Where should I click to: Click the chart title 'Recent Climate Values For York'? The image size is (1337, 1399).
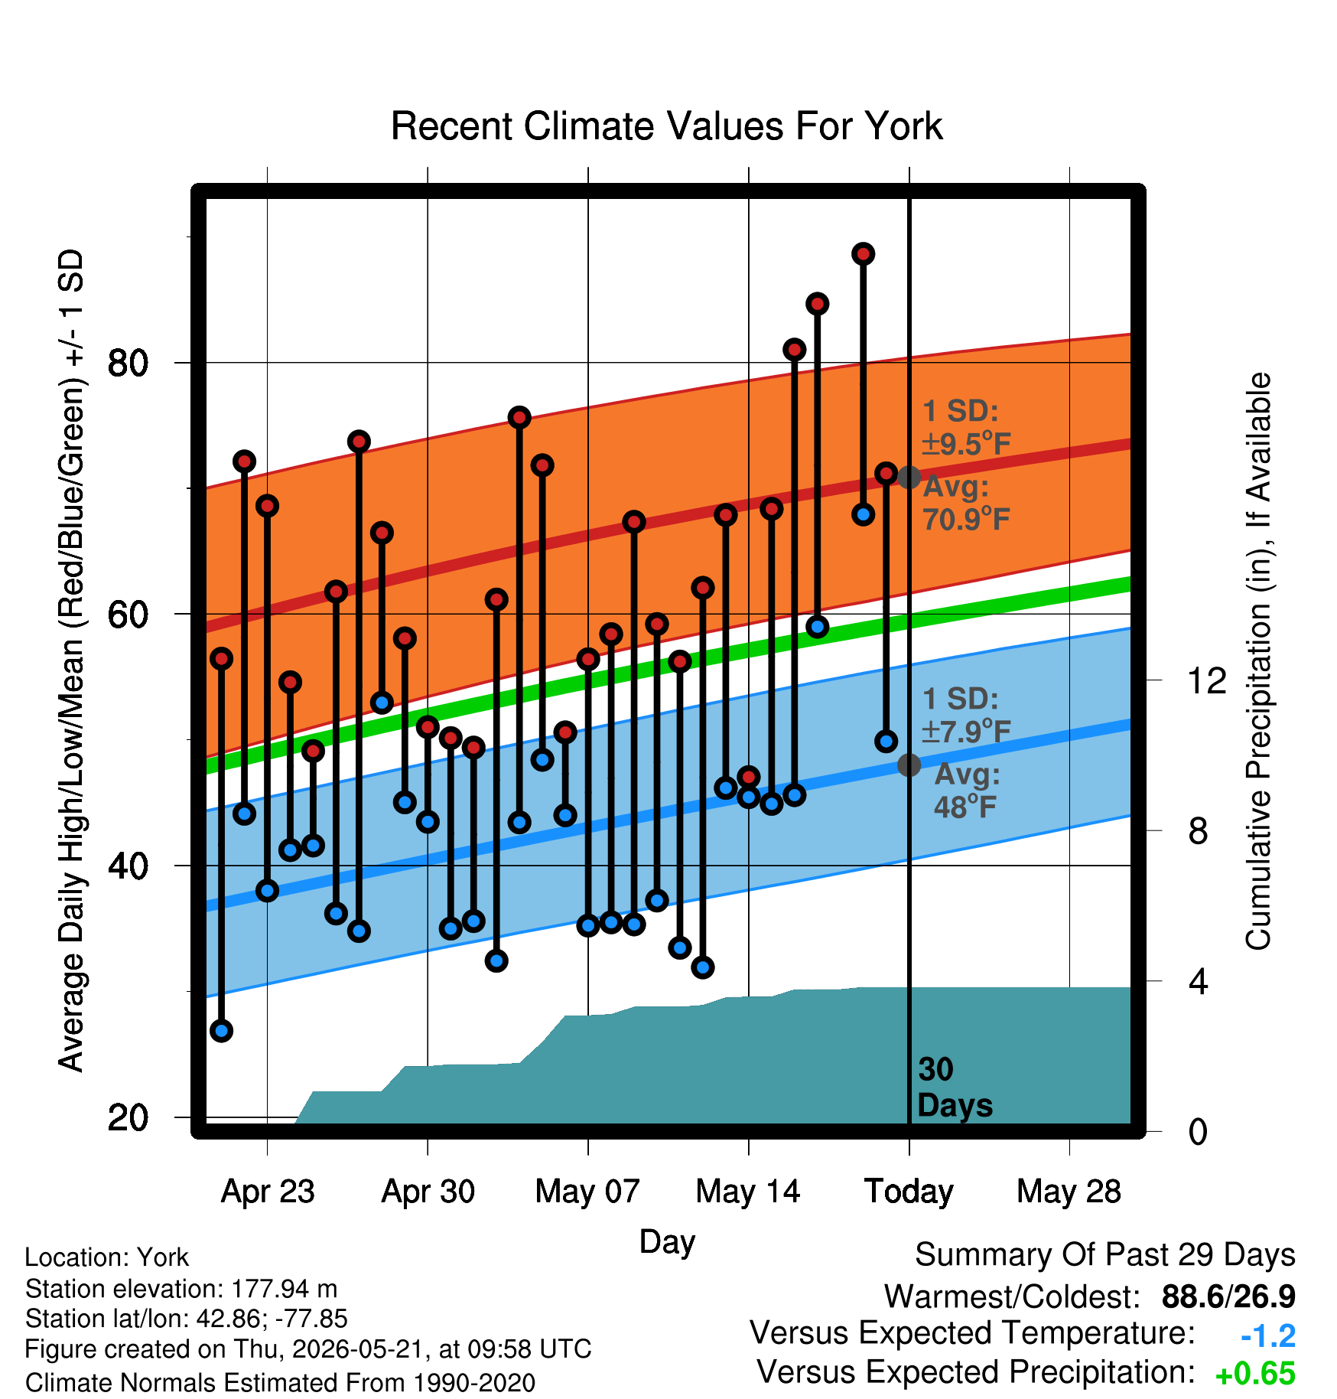point(666,126)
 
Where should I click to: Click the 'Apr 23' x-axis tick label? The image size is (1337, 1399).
point(268,1192)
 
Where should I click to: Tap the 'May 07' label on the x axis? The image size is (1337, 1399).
point(587,1192)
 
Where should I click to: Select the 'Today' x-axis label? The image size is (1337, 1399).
point(909,1192)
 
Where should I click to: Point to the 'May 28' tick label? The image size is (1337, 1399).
point(1069,1192)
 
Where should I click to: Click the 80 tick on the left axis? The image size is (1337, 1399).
point(128,363)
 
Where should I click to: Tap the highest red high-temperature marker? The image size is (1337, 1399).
point(864,254)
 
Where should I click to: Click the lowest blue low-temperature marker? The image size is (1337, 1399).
point(222,1031)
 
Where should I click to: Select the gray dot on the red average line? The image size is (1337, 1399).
point(909,478)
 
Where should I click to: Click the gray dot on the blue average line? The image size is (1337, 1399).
point(909,765)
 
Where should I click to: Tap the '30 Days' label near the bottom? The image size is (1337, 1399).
point(955,1088)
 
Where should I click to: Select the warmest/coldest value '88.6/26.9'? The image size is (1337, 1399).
point(1228,1297)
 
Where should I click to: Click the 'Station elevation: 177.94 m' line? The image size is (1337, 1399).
point(181,1289)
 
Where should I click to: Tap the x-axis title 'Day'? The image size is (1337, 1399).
point(667,1242)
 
